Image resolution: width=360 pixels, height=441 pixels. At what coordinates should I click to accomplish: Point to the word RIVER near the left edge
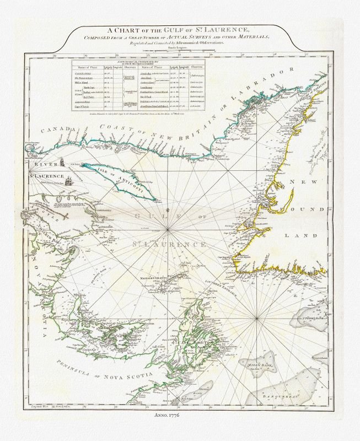(40, 164)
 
